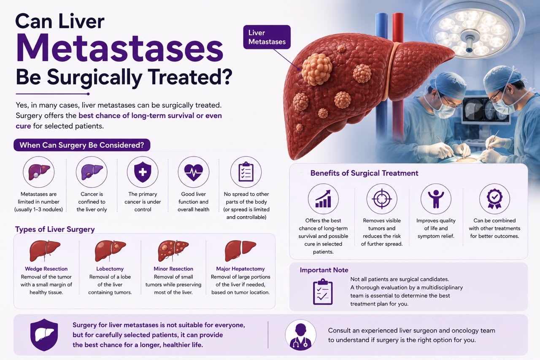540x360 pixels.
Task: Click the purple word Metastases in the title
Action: tap(119, 48)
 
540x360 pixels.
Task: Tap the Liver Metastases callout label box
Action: tap(267, 37)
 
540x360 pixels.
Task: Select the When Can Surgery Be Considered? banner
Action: tap(82, 145)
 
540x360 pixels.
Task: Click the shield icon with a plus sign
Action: tap(143, 172)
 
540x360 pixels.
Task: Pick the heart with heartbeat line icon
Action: tap(193, 172)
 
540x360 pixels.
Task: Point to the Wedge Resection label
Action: tap(46, 268)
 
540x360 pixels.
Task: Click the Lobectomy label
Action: tap(110, 268)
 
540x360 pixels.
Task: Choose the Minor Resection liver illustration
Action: tap(173, 251)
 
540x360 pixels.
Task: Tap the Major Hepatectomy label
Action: tap(240, 268)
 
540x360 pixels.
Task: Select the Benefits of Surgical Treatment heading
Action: tap(364, 173)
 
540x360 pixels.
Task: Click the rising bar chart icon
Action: tap(323, 199)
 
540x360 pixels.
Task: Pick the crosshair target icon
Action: tap(382, 199)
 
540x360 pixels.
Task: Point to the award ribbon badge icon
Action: tap(494, 199)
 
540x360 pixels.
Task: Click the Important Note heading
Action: tap(324, 270)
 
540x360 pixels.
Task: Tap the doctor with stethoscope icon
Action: tap(300, 335)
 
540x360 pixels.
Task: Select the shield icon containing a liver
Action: tap(44, 335)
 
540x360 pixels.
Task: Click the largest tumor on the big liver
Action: tap(317, 69)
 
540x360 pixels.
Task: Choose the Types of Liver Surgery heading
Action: tap(55, 229)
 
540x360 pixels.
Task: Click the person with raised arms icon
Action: tap(436, 199)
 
